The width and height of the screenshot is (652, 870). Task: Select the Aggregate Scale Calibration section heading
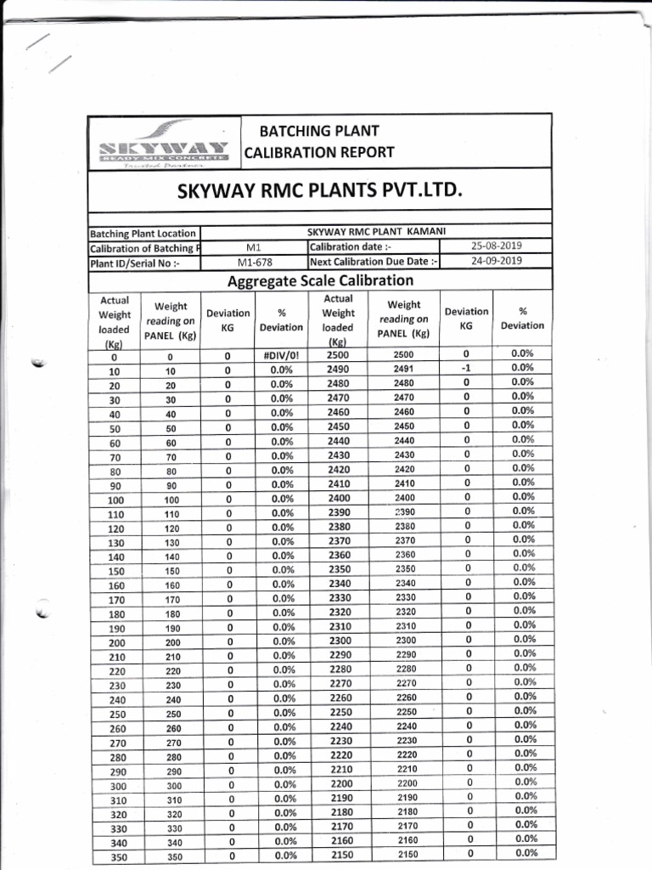coord(319,280)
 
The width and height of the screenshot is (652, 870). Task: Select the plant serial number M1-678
coord(255,262)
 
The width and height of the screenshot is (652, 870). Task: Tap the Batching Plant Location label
coord(143,234)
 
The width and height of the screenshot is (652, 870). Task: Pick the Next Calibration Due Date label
coord(374,262)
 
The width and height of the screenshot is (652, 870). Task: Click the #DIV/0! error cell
coord(281,355)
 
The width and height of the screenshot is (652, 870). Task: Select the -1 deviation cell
coord(466,369)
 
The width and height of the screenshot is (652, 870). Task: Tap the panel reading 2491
coord(404,369)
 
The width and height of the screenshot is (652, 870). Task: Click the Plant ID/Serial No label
coord(135,263)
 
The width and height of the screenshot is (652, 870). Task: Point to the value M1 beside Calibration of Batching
coord(255,247)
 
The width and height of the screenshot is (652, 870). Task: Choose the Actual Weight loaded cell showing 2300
coord(339,640)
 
